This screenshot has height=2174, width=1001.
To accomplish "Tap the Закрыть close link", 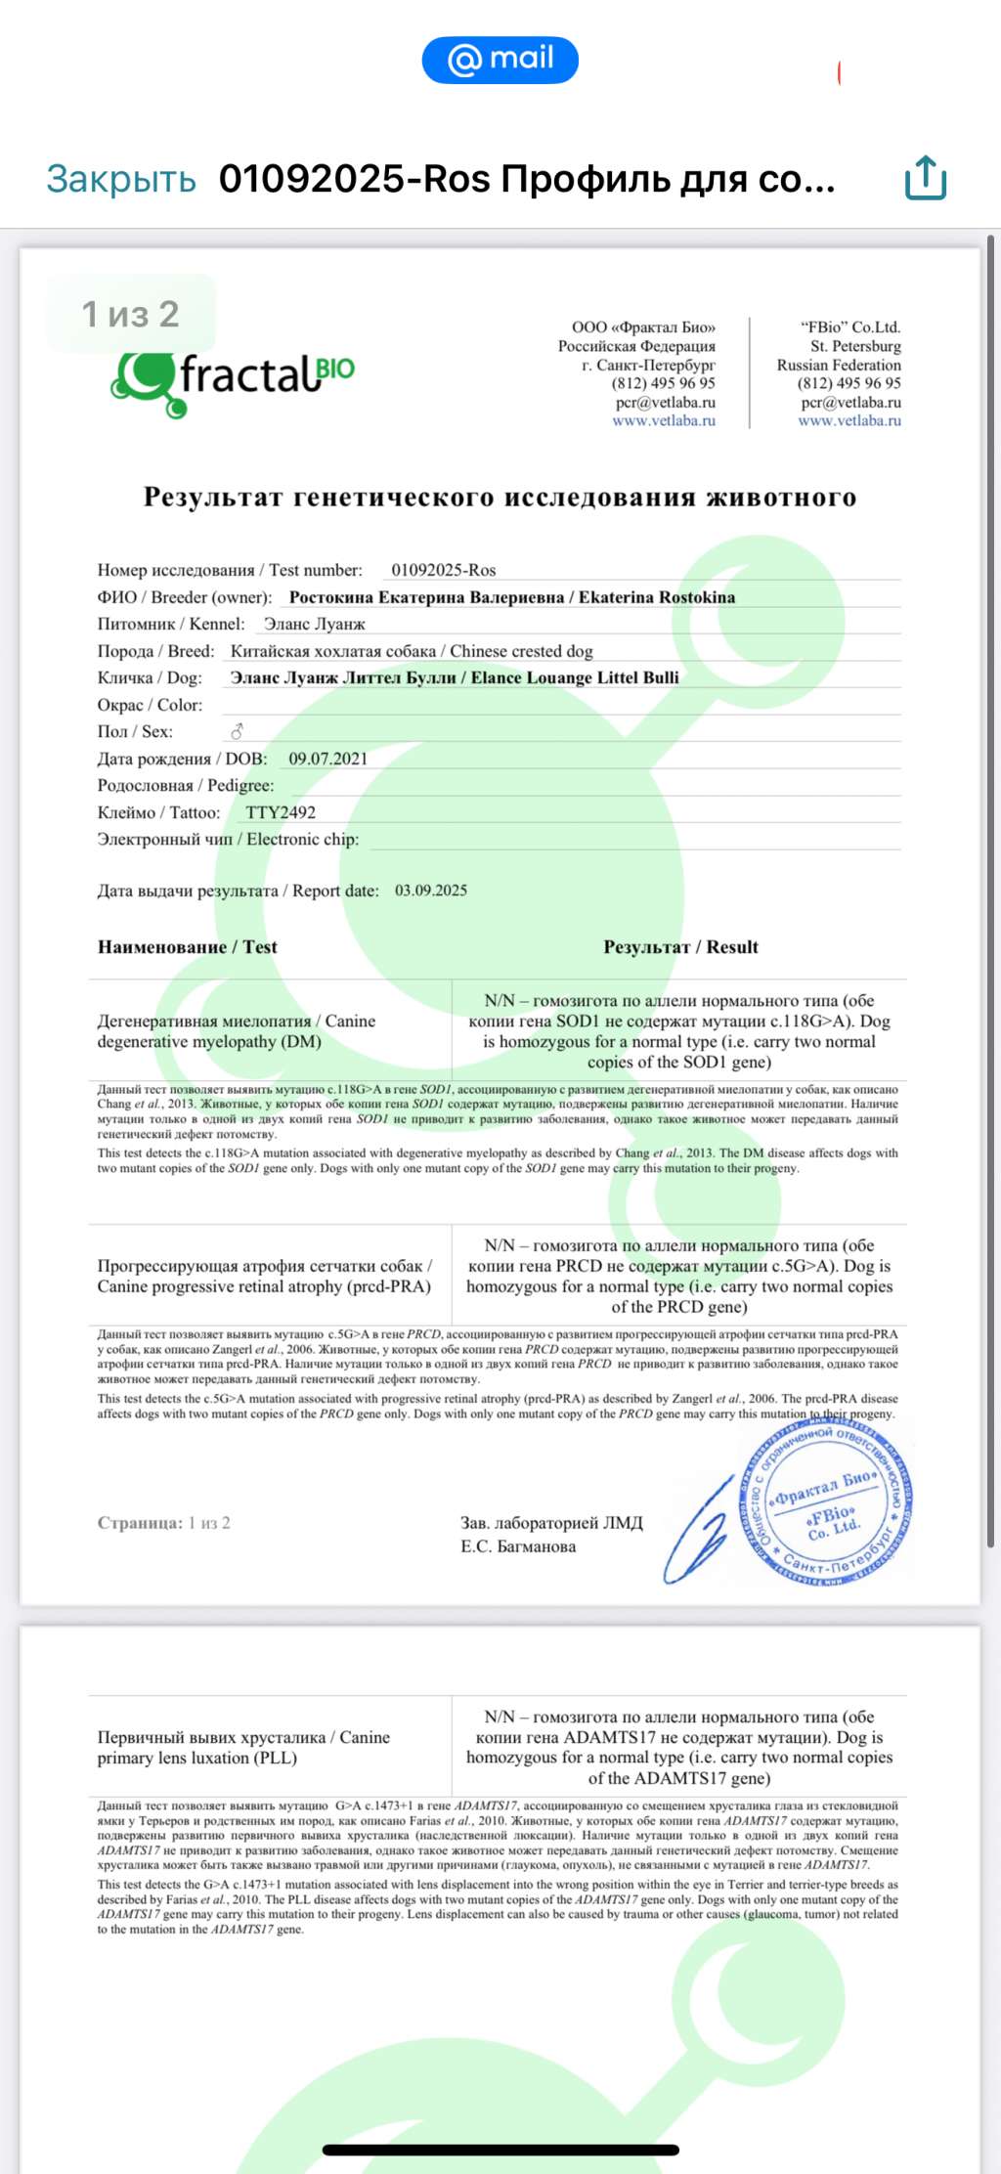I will [x=121, y=179].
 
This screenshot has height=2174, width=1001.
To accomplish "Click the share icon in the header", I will [x=925, y=178].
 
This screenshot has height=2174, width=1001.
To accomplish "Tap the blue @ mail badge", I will [x=500, y=60].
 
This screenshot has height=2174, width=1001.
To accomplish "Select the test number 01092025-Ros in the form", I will [x=443, y=570].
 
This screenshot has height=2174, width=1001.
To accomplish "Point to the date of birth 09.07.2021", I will [x=327, y=759].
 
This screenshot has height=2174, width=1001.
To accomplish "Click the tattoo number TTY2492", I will [x=281, y=812].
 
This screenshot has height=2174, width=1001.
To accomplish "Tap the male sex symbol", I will [x=237, y=731].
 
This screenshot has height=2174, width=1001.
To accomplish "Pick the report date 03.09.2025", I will [x=431, y=891].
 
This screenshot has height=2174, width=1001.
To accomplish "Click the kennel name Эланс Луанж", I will [x=314, y=624].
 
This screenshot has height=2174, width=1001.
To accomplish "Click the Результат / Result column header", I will [x=680, y=947].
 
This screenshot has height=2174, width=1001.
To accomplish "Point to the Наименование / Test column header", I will [x=188, y=947].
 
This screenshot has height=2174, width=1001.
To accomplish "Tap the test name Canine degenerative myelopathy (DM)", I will [x=236, y=1031].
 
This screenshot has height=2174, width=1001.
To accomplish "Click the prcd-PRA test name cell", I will [x=264, y=1276].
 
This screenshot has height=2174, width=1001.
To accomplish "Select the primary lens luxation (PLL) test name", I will [x=243, y=1747].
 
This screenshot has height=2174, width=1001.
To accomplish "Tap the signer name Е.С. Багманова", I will [x=518, y=1546].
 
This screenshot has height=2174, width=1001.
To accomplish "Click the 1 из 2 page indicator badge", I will [x=130, y=314].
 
